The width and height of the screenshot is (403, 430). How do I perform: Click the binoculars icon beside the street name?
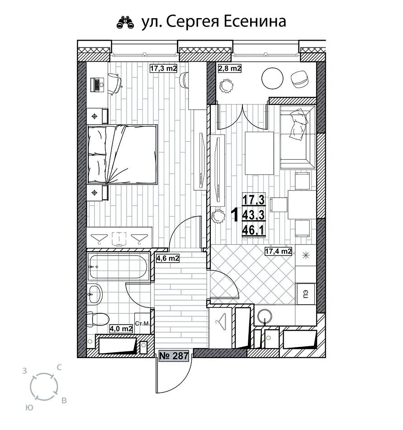pos(125,23)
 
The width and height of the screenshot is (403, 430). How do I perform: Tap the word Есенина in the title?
pos(255,21)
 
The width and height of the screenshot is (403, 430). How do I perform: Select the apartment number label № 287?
pos(174,356)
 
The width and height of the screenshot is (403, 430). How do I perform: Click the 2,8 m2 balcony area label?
pos(229,68)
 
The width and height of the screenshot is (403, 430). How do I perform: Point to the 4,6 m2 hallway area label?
pos(167,258)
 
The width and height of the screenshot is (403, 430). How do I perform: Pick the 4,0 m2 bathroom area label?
pos(121,328)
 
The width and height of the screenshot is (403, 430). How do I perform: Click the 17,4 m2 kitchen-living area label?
pos(278,251)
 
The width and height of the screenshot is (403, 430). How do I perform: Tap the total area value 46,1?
pos(253,230)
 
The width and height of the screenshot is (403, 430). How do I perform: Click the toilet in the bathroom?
pos(98,320)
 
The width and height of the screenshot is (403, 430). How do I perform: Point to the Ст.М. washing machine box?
pos(142,324)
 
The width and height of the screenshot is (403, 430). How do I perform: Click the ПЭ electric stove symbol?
pos(306,294)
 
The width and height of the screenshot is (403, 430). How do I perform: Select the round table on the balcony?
pos(272,79)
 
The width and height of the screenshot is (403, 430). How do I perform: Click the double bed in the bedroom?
pos(123,155)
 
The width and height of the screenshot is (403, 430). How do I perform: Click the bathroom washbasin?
pos(95,294)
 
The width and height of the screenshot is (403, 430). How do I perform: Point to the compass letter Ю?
pos(29,408)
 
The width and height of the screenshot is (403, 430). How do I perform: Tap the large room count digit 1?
pos(235,215)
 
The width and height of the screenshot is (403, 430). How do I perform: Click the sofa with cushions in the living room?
pos(298,137)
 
